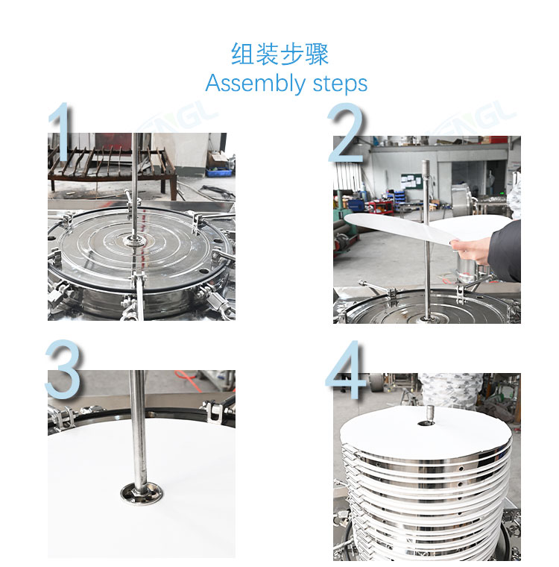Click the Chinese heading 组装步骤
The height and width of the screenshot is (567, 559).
click(x=279, y=54)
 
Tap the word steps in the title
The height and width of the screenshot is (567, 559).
click(x=340, y=84)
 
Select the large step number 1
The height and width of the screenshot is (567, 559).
click(x=62, y=131)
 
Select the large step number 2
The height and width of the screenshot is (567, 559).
click(x=346, y=132)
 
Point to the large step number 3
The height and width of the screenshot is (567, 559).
click(x=63, y=369)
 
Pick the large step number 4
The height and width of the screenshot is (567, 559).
click(x=346, y=369)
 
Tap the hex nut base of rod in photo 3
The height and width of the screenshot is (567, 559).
click(x=142, y=493)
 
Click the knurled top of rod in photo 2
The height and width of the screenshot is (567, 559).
click(x=427, y=171)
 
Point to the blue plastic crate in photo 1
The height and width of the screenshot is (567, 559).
click(x=219, y=172)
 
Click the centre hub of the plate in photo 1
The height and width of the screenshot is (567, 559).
click(x=134, y=240)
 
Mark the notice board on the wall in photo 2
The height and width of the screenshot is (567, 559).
click(x=411, y=181)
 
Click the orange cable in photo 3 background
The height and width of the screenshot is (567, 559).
click(x=188, y=378)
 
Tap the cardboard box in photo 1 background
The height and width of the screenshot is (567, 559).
click(x=218, y=159)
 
